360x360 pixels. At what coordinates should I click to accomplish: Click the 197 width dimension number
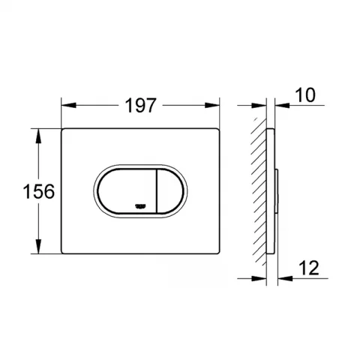pos(140,105)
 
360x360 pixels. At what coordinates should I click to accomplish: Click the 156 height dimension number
pos(39,191)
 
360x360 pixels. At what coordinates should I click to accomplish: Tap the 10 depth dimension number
pos(305,95)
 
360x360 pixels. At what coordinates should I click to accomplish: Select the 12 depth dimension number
pos(309,268)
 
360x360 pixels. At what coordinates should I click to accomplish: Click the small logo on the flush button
pos(140,206)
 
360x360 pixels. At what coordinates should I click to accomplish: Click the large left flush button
pos(127,191)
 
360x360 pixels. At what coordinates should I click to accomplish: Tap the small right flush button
pos(170,191)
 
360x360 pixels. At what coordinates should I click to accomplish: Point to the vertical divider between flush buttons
pos(157,191)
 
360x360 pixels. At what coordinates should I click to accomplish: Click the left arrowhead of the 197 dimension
pos(68,105)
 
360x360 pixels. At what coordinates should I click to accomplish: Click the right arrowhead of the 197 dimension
pos(212,105)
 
